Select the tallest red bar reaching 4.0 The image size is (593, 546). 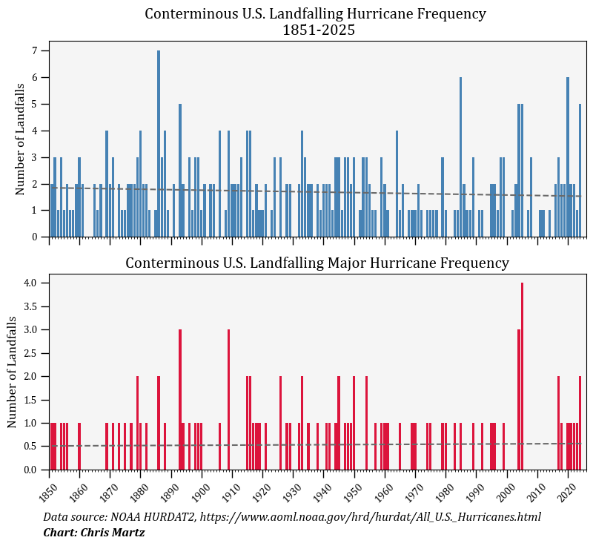(x=522, y=378)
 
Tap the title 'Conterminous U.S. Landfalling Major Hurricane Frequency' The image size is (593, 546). (x=317, y=263)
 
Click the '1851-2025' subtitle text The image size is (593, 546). (x=319, y=30)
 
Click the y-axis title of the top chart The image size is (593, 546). (x=20, y=139)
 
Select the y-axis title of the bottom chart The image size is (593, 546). (x=12, y=372)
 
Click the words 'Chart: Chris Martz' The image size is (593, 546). (x=93, y=533)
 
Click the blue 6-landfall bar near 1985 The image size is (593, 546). (x=460, y=157)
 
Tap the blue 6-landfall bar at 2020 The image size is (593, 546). (x=568, y=157)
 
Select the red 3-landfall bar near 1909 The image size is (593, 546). (x=228, y=401)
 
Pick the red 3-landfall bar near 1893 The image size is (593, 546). (x=180, y=401)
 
